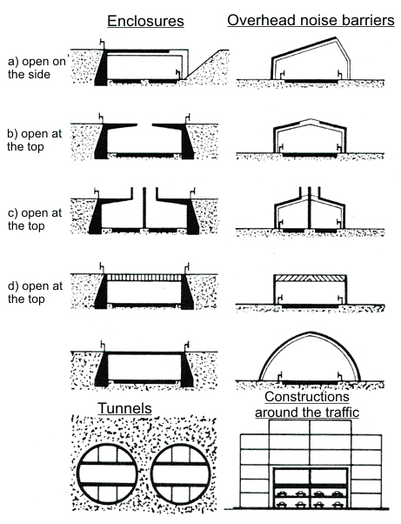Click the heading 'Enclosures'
coord(145,21)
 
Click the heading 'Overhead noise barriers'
coord(311,20)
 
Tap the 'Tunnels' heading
coord(124,408)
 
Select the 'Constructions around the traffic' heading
coord(307,405)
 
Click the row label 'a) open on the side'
coord(37,68)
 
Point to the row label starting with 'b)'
coord(35,140)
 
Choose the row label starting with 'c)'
coord(35,219)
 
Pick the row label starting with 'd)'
coord(35,292)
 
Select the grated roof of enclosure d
coord(144,278)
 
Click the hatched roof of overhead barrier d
coord(310,278)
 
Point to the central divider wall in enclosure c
coord(144,208)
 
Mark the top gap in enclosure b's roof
coord(144,125)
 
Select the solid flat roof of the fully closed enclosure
coord(144,353)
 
